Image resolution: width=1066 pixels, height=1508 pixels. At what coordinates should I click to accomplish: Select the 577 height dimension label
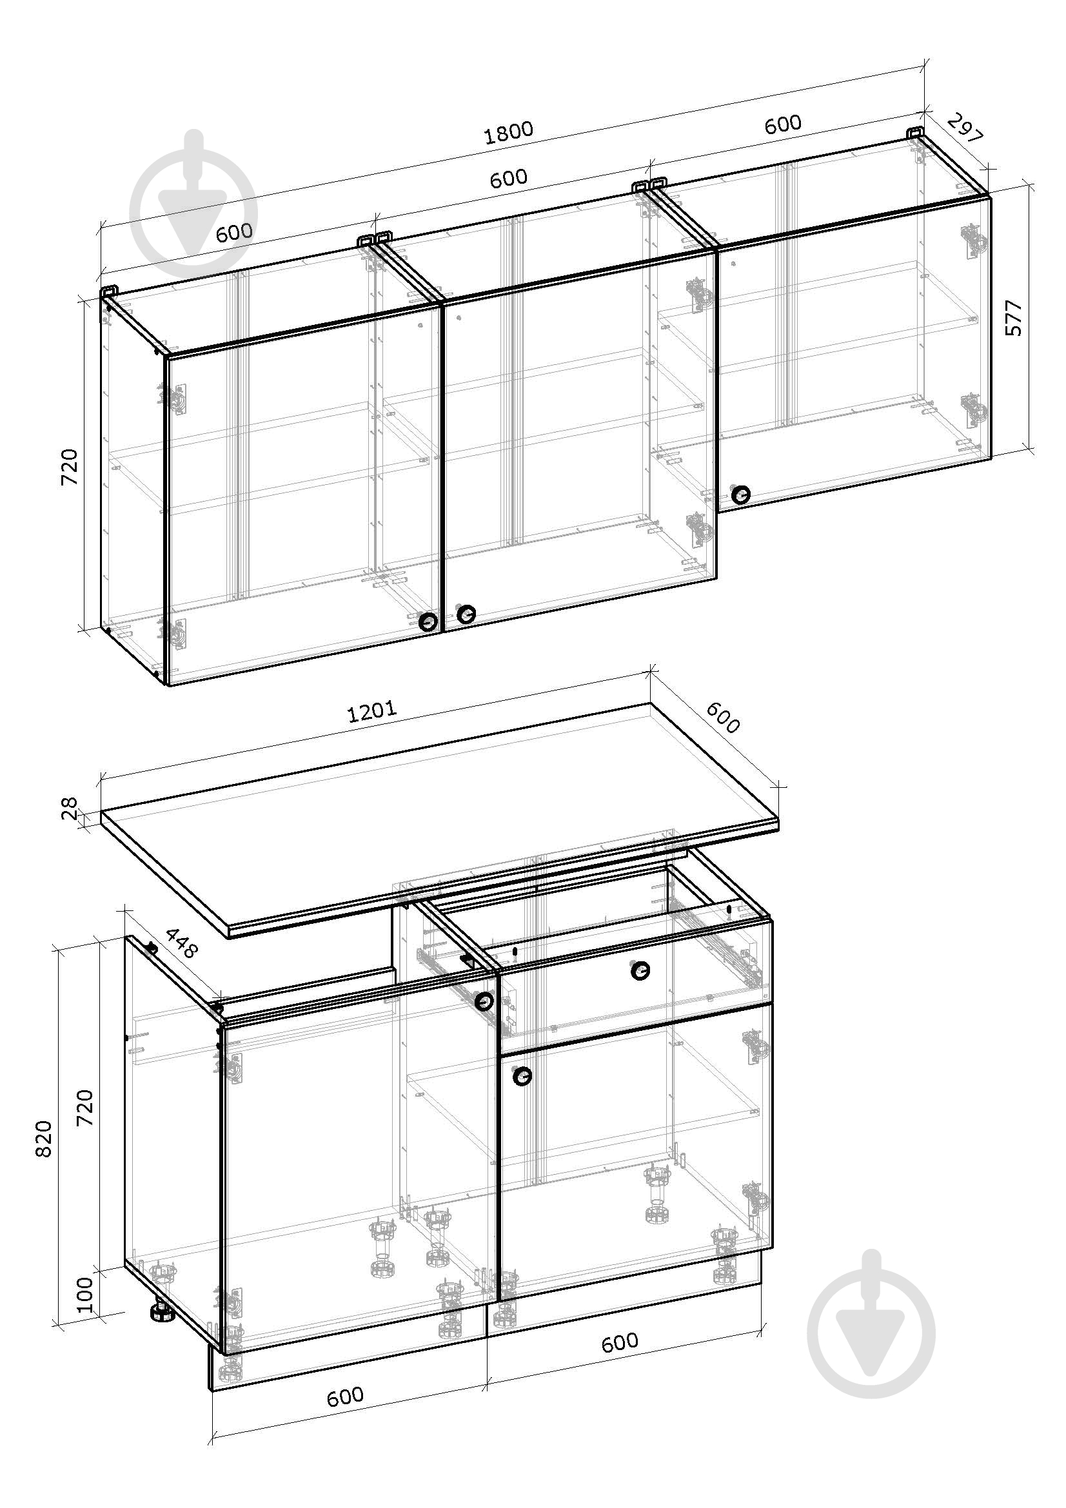click(x=1014, y=318)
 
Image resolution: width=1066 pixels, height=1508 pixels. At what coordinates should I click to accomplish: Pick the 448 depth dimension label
click(x=180, y=943)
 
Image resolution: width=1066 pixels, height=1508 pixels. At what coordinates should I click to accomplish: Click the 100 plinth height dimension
click(x=85, y=1293)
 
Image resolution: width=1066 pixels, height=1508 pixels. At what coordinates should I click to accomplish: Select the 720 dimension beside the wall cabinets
click(x=69, y=467)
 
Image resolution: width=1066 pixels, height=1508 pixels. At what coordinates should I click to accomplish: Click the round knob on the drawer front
click(x=640, y=971)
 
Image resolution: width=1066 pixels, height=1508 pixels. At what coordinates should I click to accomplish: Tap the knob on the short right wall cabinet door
click(x=741, y=495)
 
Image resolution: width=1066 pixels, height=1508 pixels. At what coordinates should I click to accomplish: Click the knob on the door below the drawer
click(x=522, y=1076)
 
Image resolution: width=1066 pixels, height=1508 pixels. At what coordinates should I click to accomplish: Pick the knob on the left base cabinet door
click(x=484, y=1001)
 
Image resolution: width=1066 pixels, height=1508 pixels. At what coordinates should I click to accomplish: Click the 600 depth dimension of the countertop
click(x=723, y=717)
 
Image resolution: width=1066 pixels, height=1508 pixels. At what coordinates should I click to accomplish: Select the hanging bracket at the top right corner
click(x=916, y=133)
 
